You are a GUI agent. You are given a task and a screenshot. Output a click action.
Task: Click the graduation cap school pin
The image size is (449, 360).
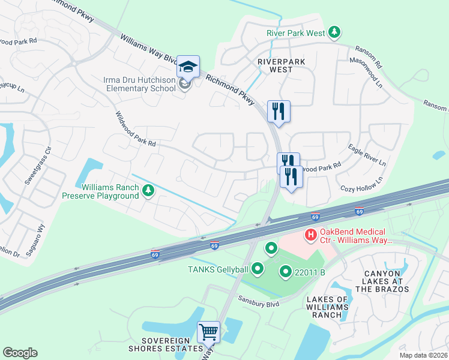(188, 67)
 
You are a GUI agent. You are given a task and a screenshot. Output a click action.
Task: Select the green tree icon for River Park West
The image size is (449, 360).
(336, 33)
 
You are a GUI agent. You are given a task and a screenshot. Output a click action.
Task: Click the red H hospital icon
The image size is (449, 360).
(311, 235)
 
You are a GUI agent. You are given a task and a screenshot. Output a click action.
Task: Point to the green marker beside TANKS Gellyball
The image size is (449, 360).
(258, 268)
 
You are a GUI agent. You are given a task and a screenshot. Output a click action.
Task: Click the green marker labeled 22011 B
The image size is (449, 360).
(286, 272)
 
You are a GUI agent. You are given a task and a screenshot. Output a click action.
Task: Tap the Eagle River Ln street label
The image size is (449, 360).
(367, 155)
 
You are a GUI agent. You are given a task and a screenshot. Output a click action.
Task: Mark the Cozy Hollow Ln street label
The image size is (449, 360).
(362, 185)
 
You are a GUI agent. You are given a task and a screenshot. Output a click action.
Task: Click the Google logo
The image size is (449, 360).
(20, 352)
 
